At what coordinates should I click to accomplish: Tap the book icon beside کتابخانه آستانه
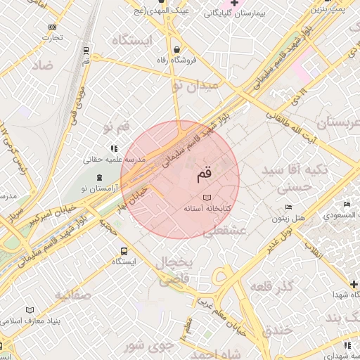[x=207, y=198]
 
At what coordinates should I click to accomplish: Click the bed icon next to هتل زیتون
[x=288, y=207]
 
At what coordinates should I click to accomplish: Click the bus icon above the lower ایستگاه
[x=124, y=251]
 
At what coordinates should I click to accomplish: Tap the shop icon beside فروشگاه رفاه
[x=176, y=49]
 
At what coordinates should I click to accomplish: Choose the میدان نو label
[x=196, y=86]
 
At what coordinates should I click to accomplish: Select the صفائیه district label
[x=71, y=295]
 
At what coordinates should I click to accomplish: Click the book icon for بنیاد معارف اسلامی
[x=30, y=310]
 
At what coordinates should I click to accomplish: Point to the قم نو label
[x=116, y=127]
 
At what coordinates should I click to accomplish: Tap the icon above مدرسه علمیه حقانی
[x=114, y=148]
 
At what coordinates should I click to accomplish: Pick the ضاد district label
[x=42, y=67]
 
